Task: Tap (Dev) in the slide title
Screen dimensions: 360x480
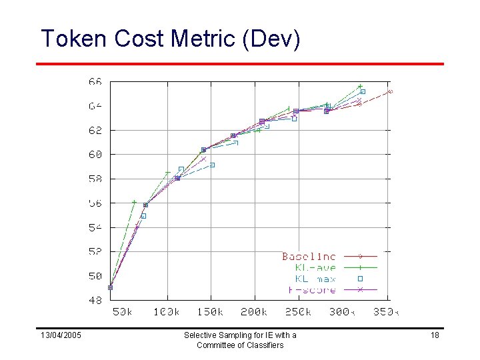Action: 274,39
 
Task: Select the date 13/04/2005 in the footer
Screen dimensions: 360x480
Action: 61,335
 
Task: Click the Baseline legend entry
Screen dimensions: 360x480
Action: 309,256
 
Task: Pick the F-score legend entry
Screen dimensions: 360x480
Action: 311,290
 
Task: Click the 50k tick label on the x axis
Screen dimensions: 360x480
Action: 122,312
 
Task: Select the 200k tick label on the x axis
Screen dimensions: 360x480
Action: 254,312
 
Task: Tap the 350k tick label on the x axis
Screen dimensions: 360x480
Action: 386,312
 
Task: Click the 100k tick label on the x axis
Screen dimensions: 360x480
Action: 167,312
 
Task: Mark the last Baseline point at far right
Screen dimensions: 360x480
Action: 391,91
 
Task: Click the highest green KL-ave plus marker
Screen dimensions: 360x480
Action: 360,86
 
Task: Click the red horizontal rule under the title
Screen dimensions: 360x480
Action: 240,64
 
